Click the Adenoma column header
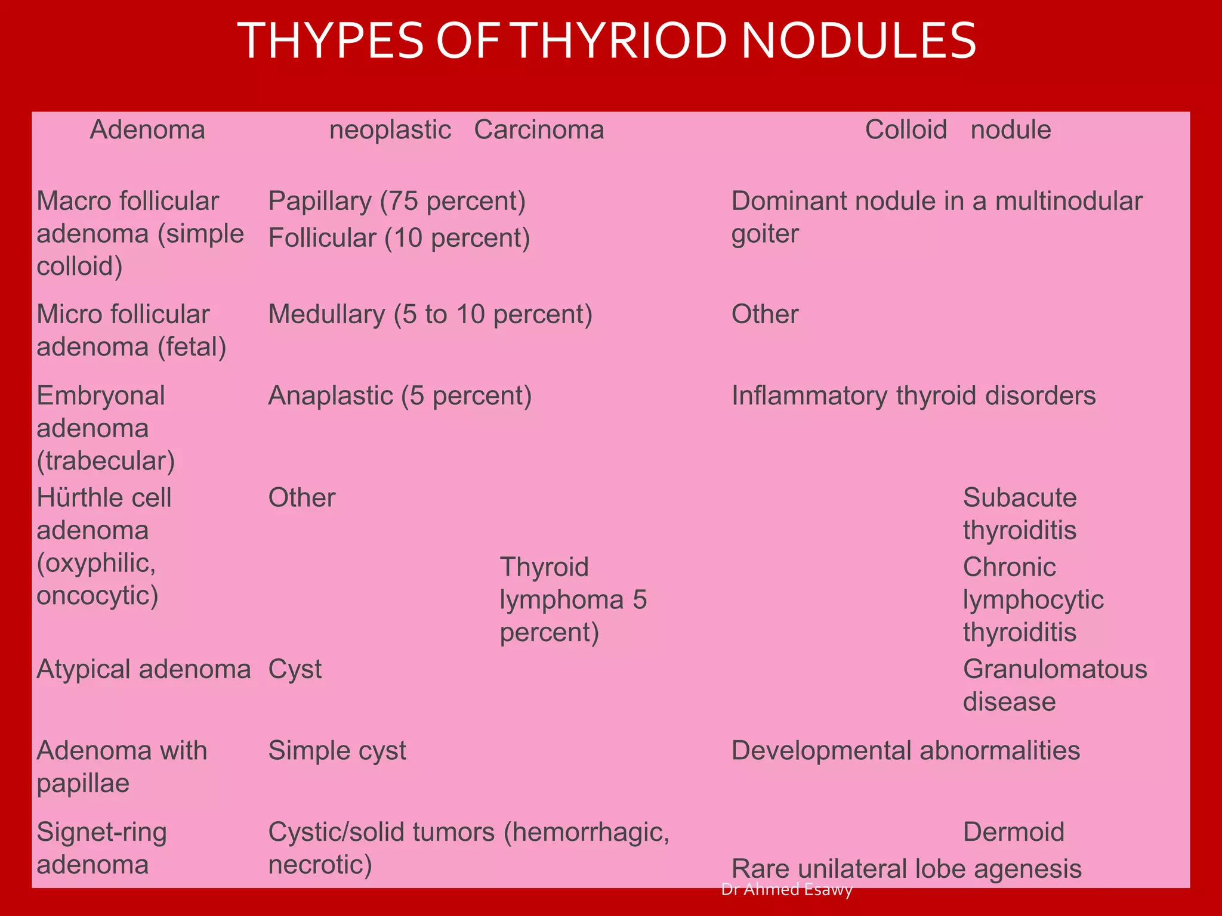click(x=147, y=130)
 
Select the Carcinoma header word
click(x=539, y=130)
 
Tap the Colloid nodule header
click(x=958, y=130)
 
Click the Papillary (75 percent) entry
click(x=397, y=202)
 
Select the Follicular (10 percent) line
click(x=399, y=239)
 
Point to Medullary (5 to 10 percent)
click(x=430, y=315)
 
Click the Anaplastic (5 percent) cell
click(x=400, y=396)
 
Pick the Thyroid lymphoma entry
click(x=573, y=599)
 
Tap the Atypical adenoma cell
click(x=143, y=670)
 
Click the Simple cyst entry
click(x=337, y=751)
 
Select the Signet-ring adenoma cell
click(x=101, y=848)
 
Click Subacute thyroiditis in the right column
click(x=1020, y=514)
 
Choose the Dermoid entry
click(x=1013, y=833)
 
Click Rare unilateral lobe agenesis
click(x=906, y=869)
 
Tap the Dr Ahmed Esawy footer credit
click(x=786, y=889)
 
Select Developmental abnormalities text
click(x=905, y=751)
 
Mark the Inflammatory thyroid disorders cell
click(x=913, y=396)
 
